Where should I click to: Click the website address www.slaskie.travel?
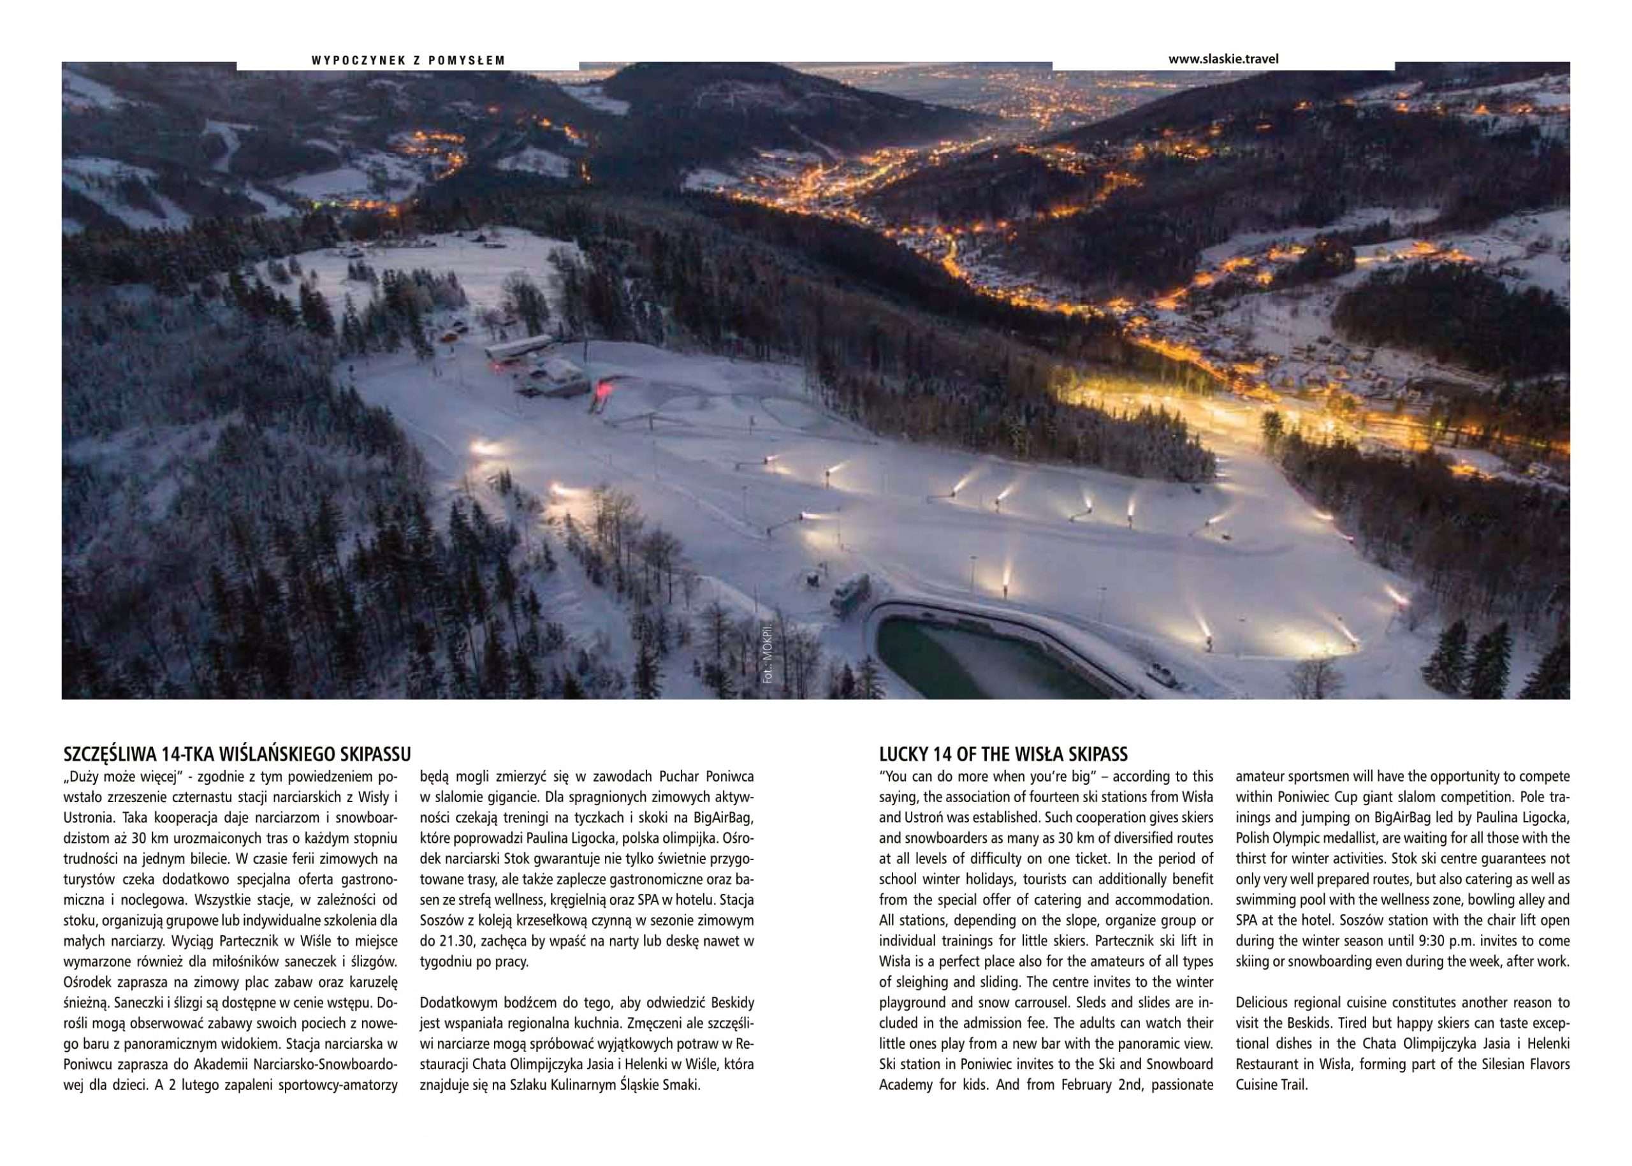click(1223, 59)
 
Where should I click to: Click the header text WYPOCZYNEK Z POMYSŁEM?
click(408, 61)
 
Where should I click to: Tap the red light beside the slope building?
click(601, 392)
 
